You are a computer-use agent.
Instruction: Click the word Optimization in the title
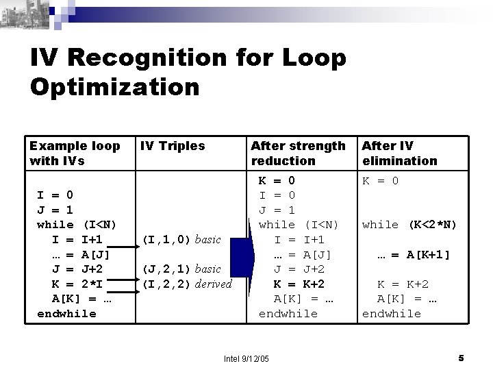pos(115,87)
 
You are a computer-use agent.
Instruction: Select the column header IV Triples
pos(172,145)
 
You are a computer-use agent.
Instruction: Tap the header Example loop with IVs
pos(74,153)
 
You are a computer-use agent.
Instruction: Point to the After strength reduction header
pos(298,153)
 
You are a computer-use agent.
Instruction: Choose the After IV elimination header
pos(399,153)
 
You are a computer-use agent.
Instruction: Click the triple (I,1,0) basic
pos(181,239)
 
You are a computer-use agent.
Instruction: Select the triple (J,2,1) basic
pos(181,269)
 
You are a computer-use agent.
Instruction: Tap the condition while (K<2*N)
pos(409,225)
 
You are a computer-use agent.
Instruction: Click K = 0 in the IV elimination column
pos(380,181)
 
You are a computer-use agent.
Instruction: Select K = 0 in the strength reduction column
pos(277,181)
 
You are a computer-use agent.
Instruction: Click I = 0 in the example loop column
pos(55,195)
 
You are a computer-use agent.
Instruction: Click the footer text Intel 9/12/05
pos(246,358)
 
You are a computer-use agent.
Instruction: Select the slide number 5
pos(461,358)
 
